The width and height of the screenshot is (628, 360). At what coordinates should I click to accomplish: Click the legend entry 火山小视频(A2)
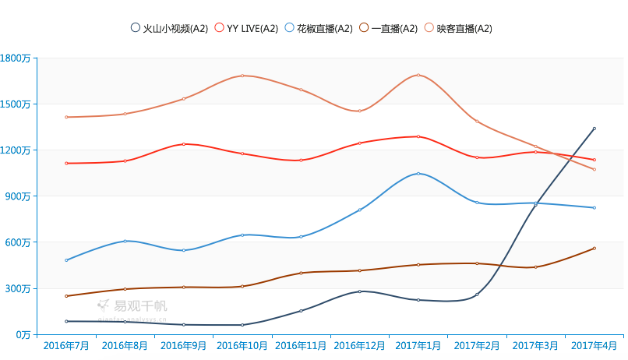tap(170, 28)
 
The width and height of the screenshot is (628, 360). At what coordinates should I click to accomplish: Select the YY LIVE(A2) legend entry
tap(246, 28)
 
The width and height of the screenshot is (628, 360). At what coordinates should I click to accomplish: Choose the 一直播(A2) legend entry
tap(389, 28)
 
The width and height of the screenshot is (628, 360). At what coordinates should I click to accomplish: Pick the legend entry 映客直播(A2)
tap(458, 28)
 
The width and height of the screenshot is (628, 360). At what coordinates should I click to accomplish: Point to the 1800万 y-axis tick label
tap(16, 58)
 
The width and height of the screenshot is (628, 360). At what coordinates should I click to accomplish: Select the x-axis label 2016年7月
tap(66, 344)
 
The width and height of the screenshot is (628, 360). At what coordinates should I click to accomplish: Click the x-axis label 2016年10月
tap(242, 344)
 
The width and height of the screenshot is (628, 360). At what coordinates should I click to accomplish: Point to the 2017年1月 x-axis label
tap(418, 344)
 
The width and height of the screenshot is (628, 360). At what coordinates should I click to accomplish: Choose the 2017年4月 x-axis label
tap(594, 344)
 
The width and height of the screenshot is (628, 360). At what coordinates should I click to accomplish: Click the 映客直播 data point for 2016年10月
tap(242, 76)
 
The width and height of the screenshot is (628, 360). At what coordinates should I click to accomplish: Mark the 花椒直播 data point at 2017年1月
tap(418, 173)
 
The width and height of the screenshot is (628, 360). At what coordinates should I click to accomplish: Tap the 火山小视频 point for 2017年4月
tap(594, 129)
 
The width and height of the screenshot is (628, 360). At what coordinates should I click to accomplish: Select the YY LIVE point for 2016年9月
tap(184, 144)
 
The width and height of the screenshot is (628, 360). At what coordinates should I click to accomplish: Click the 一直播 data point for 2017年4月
tap(594, 249)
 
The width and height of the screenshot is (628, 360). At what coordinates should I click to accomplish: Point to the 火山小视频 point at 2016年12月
tap(359, 291)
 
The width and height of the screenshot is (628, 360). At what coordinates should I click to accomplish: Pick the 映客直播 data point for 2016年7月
tap(66, 117)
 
